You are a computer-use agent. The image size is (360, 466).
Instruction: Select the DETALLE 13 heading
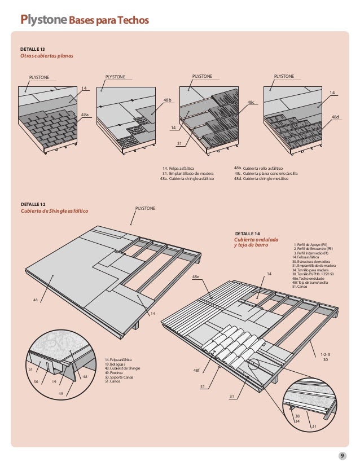tap(32, 50)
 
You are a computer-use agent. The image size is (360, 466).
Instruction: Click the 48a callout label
tap(85, 114)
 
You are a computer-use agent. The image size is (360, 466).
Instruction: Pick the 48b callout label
tap(167, 99)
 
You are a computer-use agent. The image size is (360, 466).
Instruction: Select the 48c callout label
tap(251, 102)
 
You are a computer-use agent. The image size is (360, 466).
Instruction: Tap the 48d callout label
tap(335, 116)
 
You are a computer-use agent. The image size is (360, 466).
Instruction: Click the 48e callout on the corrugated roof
tap(196, 277)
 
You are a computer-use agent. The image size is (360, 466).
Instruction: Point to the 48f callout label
tap(196, 370)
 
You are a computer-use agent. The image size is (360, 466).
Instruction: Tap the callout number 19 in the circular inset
tap(54, 383)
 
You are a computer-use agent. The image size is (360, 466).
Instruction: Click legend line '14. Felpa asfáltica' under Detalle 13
tap(178, 168)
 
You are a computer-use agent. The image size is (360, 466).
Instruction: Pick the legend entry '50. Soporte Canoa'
tap(118, 377)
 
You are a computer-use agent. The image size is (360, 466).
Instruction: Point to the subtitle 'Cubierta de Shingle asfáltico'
tap(54, 211)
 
